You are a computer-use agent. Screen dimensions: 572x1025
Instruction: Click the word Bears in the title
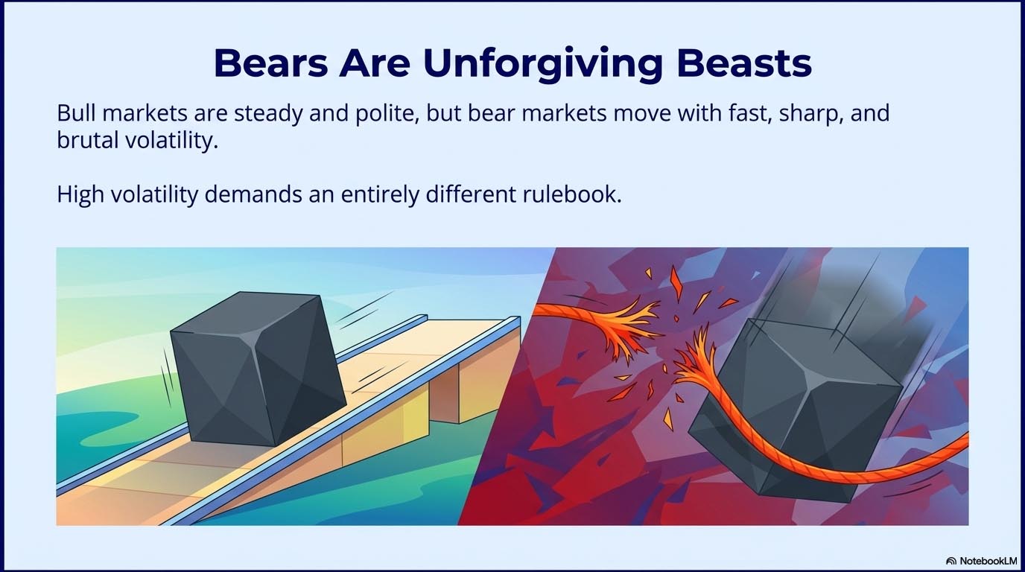coord(271,63)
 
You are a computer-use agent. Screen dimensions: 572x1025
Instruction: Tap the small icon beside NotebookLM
coord(951,560)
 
